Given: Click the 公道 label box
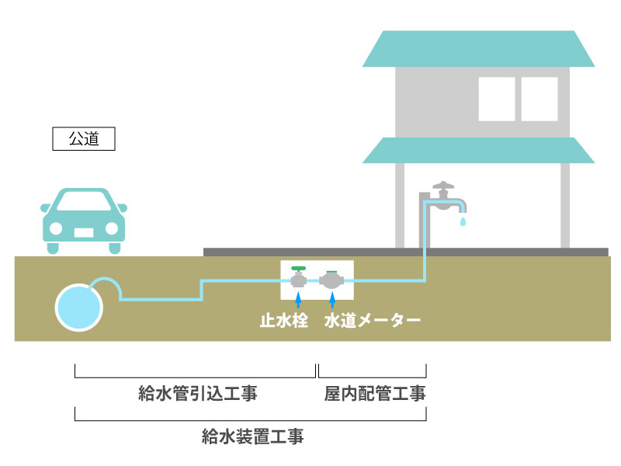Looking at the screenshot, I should click(84, 139).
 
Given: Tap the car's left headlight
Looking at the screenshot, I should click(56, 229).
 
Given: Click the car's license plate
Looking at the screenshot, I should click(83, 231).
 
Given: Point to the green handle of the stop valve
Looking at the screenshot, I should click(297, 268).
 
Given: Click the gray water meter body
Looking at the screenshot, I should click(331, 280).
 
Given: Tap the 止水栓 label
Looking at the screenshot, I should click(284, 321).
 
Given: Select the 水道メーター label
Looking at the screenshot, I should click(373, 321).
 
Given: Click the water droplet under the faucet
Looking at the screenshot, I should click(463, 222).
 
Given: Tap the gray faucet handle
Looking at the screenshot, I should click(442, 187).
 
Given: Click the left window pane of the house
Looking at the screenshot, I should click(497, 99).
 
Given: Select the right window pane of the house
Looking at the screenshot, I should click(539, 99).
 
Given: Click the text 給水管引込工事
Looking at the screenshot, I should click(196, 394).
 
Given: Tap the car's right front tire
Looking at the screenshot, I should click(115, 248).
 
